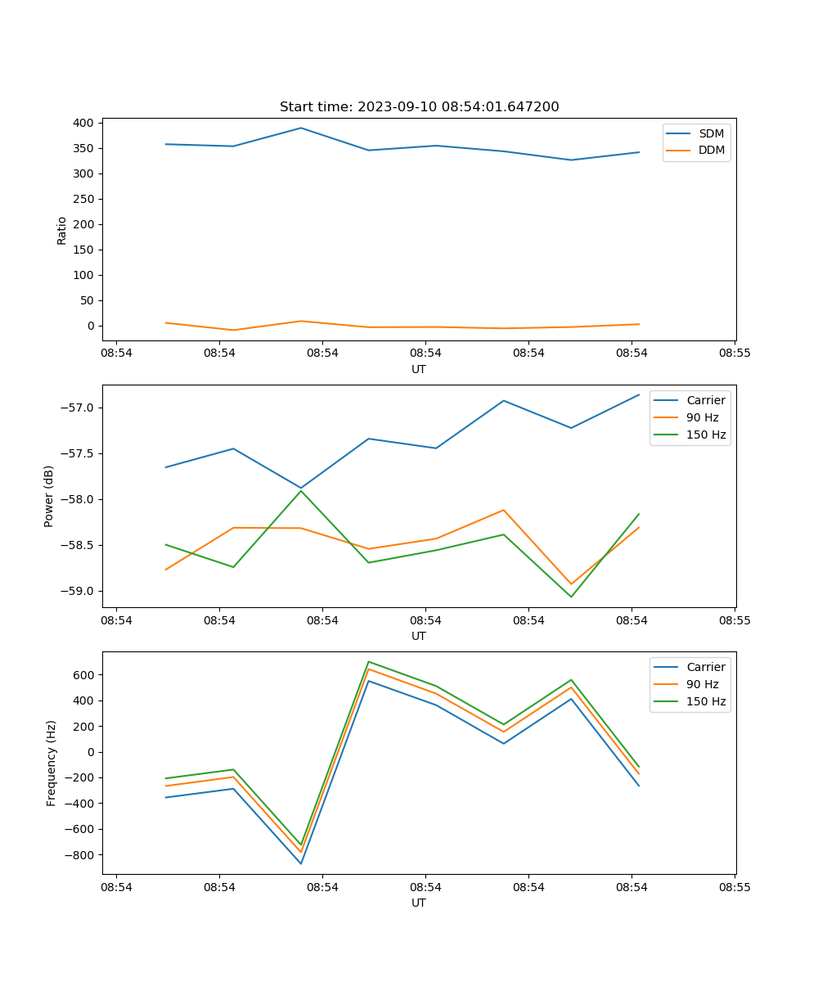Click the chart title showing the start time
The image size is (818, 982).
[419, 107]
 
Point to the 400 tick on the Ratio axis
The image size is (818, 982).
[84, 123]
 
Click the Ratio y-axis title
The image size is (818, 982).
[61, 231]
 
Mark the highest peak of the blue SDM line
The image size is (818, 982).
[301, 128]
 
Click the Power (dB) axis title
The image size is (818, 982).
[49, 496]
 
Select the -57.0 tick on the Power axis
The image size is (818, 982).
[79, 408]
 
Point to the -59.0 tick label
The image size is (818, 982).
[79, 591]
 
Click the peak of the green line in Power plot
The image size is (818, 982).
[301, 491]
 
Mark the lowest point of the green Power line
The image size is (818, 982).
[571, 597]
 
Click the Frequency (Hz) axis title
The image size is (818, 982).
[51, 763]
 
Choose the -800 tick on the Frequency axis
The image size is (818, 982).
[81, 854]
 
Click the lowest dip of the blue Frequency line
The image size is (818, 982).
[301, 863]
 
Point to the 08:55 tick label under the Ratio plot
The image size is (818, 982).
[735, 354]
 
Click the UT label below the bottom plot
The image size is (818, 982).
[419, 903]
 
